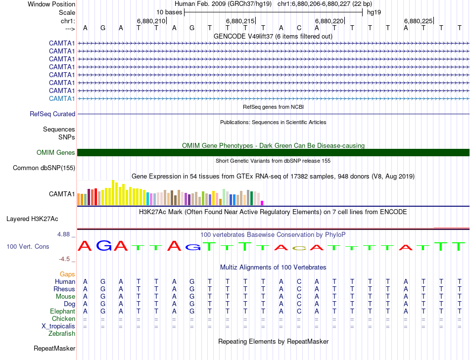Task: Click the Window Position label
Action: click(51, 4)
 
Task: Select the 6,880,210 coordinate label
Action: click(150, 21)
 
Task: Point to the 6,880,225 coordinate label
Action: click(418, 21)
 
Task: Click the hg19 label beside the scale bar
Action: click(374, 12)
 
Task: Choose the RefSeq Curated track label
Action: click(52, 114)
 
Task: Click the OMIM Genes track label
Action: click(56, 153)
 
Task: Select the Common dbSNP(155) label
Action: click(44, 168)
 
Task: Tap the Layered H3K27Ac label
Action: click(32, 219)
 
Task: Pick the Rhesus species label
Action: click(65, 289)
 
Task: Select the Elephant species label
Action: click(62, 312)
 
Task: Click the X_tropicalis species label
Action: click(58, 326)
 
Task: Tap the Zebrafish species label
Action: click(62, 334)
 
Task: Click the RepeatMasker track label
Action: click(54, 349)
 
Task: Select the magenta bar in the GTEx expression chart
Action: click(262, 203)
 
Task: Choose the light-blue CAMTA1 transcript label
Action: click(62, 98)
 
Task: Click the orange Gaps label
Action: click(67, 274)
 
